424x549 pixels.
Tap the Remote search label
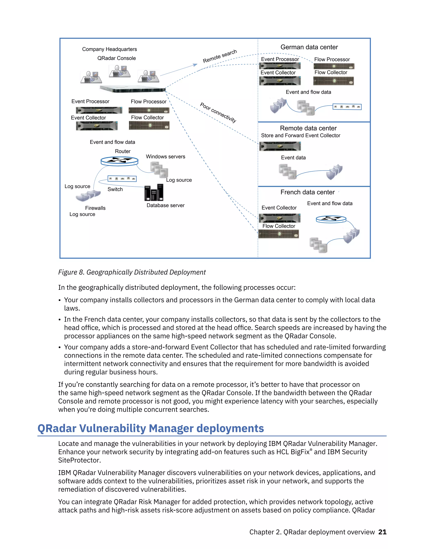click(x=220, y=56)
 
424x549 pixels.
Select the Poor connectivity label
click(x=218, y=112)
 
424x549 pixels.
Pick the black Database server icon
click(x=154, y=192)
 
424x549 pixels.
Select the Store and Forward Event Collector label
click(x=300, y=135)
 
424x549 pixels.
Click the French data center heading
click(x=307, y=192)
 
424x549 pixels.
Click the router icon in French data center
click(x=331, y=219)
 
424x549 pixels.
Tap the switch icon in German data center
click(x=347, y=107)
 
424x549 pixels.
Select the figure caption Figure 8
click(x=132, y=272)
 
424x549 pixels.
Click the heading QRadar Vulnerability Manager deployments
click(x=151, y=428)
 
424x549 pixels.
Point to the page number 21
click(x=382, y=532)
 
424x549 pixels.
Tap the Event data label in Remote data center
click(x=293, y=158)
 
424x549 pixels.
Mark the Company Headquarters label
click(x=110, y=49)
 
